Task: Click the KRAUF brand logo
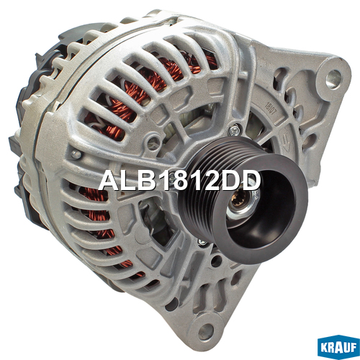pyautogui.click(x=338, y=347)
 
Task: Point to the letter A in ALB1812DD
pyautogui.click(x=108, y=181)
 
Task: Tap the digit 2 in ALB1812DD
pyautogui.click(x=209, y=181)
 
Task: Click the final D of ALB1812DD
pyautogui.click(x=251, y=181)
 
